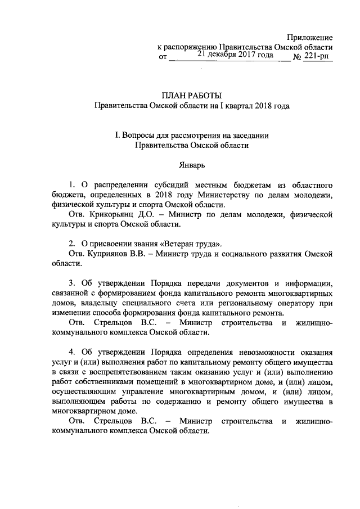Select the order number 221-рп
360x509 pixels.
tap(318, 57)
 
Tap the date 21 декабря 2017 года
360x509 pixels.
tap(235, 55)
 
